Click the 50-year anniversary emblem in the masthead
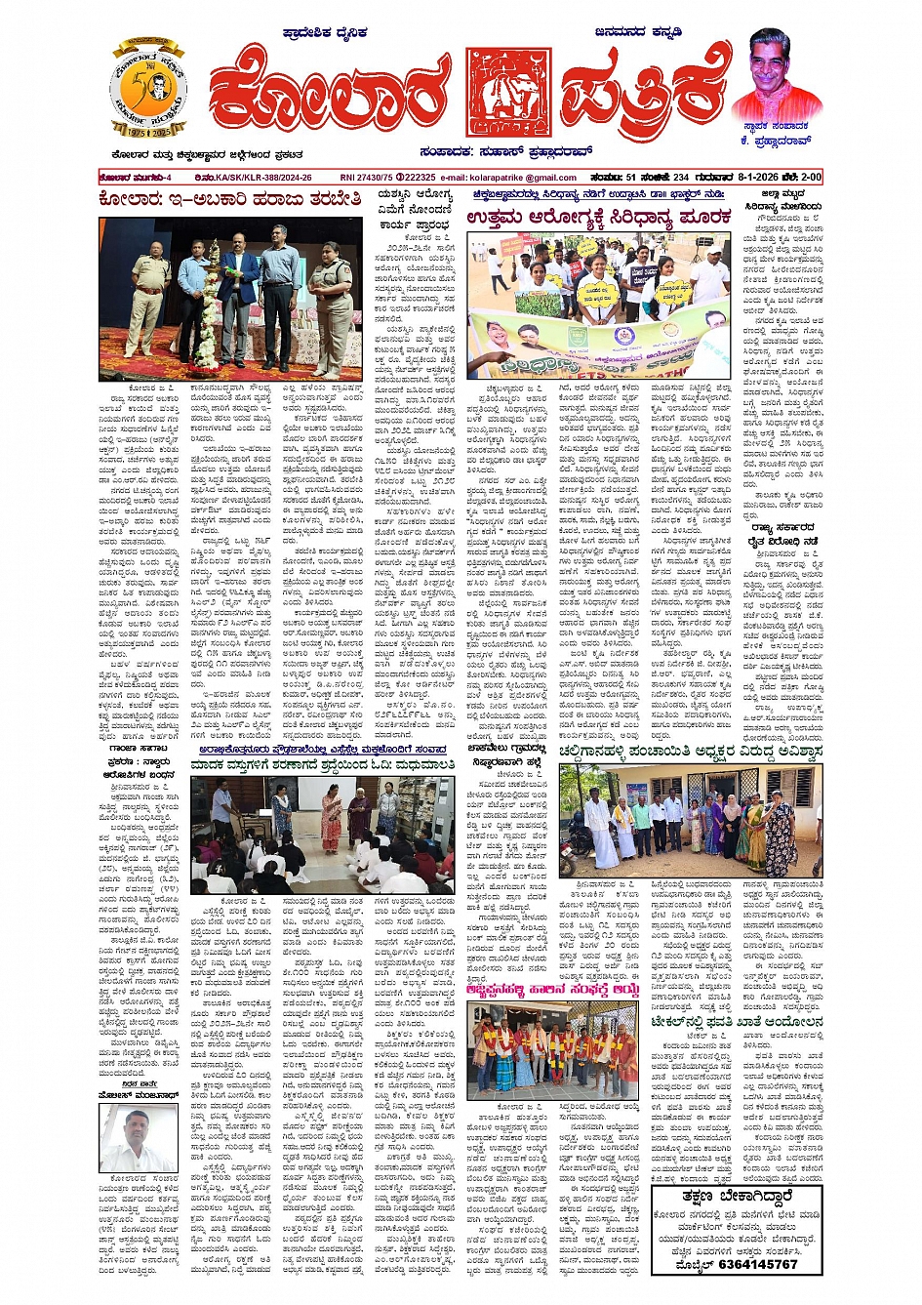(148, 91)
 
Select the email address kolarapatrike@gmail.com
(522, 178)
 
